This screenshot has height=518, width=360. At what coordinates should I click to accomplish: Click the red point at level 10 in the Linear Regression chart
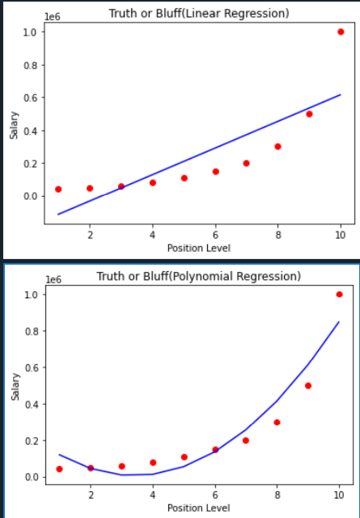tap(341, 32)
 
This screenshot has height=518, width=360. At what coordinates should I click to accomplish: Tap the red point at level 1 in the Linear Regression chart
tap(58, 189)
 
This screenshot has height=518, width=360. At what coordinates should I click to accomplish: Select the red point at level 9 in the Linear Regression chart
tap(309, 114)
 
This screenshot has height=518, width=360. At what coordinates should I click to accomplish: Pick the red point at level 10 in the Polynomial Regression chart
tap(339, 294)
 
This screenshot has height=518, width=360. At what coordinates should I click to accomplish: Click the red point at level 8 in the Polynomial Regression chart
tap(277, 422)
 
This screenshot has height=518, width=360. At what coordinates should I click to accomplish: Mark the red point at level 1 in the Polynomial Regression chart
tap(59, 469)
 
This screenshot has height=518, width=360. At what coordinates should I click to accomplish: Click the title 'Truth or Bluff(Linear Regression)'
tap(199, 13)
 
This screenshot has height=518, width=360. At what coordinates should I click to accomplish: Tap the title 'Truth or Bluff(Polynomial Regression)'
tap(199, 276)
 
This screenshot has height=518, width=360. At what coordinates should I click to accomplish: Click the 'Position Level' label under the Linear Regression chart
tap(199, 248)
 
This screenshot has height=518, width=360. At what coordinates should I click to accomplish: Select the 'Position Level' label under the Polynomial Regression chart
tap(199, 507)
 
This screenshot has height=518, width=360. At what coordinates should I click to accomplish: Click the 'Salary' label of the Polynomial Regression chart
tap(15, 387)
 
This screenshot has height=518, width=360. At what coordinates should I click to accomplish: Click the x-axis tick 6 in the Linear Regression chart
tap(216, 235)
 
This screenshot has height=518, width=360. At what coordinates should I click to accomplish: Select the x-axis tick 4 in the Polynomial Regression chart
tap(153, 495)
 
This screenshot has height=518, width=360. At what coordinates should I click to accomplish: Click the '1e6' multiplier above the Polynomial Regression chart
tap(53, 280)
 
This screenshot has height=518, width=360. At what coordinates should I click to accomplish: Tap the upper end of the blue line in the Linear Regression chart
tap(341, 95)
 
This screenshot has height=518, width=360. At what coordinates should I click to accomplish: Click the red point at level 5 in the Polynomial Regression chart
tap(184, 457)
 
